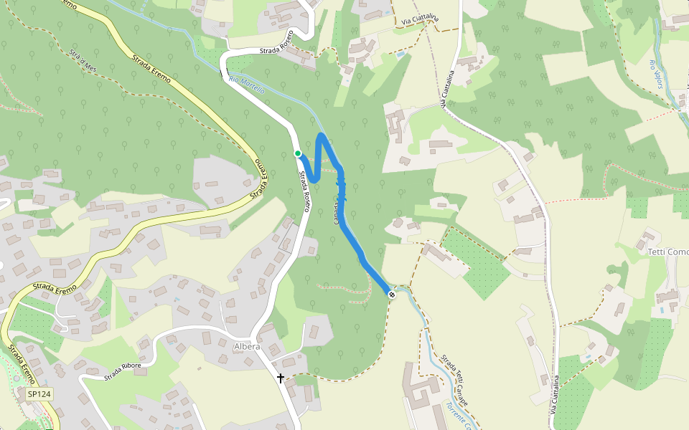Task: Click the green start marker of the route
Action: [298, 153]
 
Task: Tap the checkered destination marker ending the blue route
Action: [392, 295]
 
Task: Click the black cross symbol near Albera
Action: [280, 377]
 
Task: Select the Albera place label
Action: [247, 346]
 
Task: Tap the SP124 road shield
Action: [39, 394]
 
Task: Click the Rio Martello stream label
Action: [247, 85]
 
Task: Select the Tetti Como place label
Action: [667, 252]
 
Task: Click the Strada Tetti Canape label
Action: [454, 378]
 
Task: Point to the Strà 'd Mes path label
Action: [83, 61]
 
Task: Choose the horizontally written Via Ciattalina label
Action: [420, 22]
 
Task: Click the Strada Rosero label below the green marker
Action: [305, 191]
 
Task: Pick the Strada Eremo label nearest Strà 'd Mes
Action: [151, 69]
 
